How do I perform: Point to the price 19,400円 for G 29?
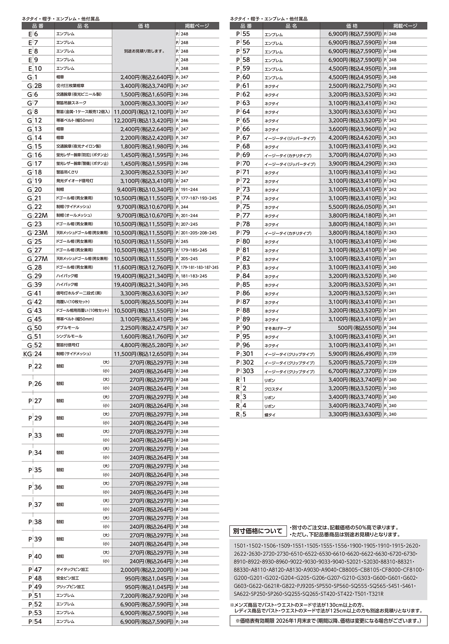click(143, 276)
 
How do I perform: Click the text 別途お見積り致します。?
click(144, 51)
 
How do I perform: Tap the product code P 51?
click(35, 596)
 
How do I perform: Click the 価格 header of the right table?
click(351, 26)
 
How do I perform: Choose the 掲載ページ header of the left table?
click(197, 26)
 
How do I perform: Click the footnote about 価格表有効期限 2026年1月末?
click(329, 621)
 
